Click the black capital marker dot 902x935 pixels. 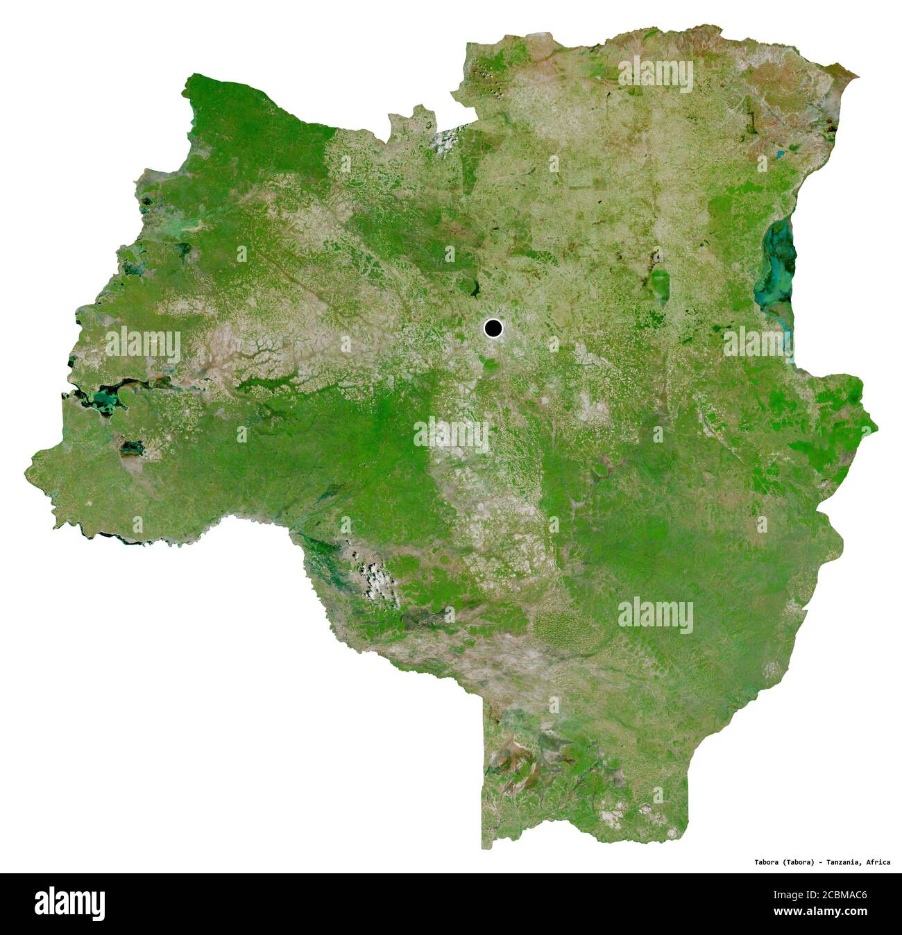(493, 328)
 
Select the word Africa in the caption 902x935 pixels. (878, 862)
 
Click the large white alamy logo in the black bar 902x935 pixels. (69, 904)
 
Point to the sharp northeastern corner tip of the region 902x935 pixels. (858, 75)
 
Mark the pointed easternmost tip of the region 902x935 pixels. (877, 424)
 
